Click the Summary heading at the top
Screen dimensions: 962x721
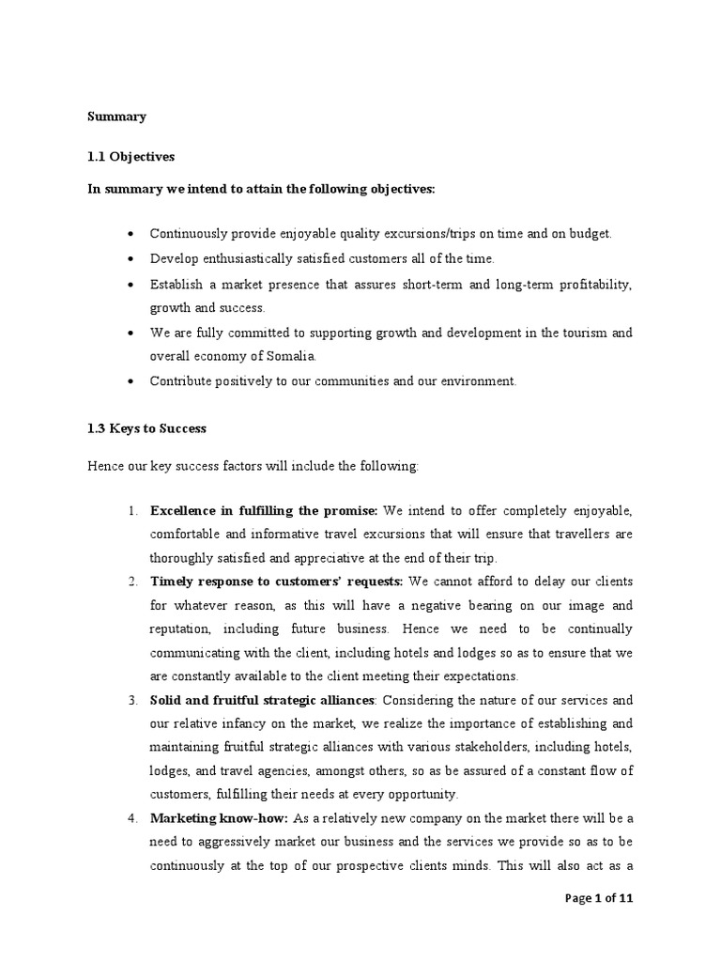coord(116,117)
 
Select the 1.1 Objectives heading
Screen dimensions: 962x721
coord(130,157)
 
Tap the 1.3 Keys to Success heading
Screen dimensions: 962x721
coord(146,428)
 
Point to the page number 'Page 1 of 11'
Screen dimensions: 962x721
coord(600,898)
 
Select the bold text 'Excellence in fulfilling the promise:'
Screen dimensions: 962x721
coord(263,510)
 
